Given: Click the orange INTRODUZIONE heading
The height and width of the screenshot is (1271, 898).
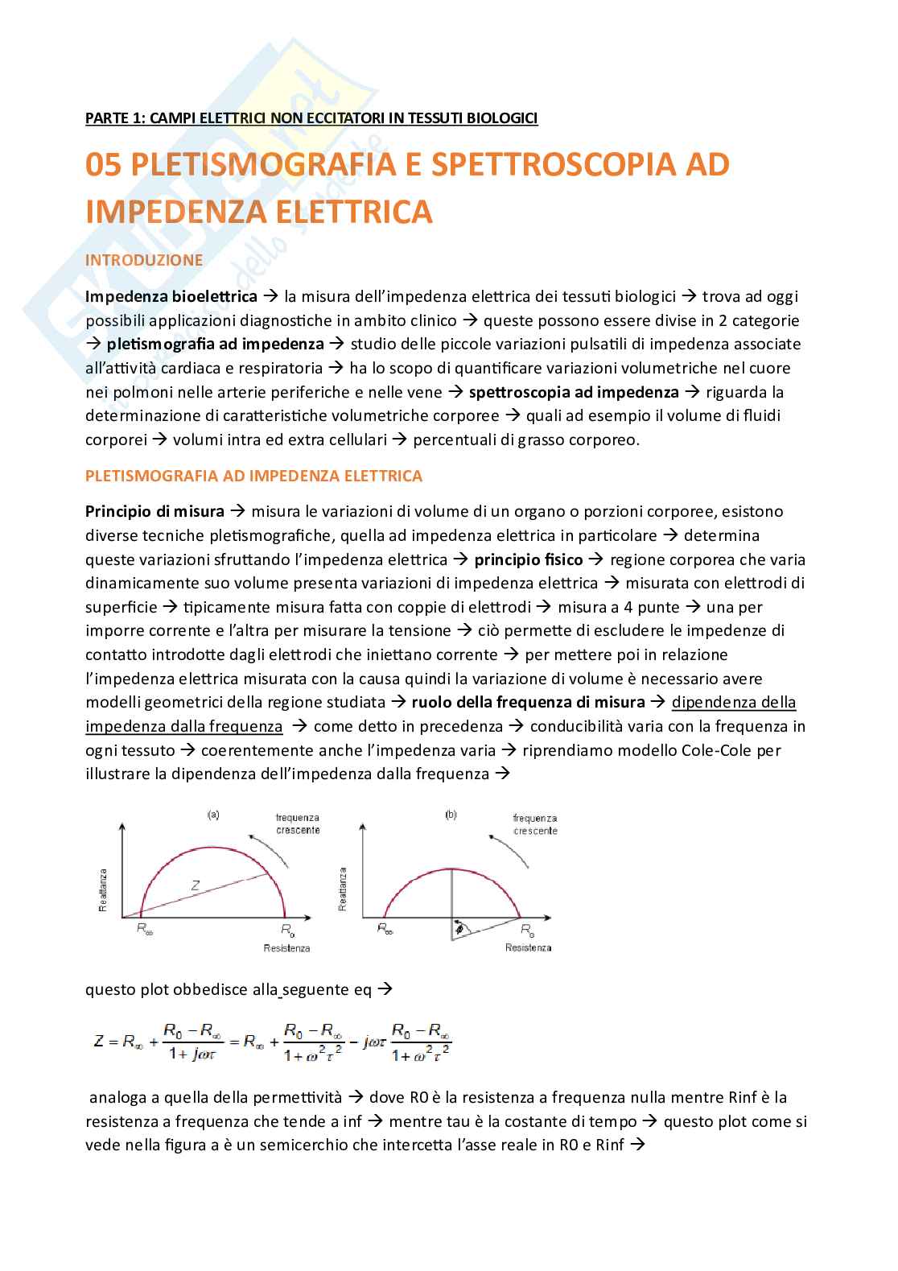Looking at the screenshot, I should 144,260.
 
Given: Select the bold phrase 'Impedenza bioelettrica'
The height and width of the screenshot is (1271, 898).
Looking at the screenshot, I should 171,296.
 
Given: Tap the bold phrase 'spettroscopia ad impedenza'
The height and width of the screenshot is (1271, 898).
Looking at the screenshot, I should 574,392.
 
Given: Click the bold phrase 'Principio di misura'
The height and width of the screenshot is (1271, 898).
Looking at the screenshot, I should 154,511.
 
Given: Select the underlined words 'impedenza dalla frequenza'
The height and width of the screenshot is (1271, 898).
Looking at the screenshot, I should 184,726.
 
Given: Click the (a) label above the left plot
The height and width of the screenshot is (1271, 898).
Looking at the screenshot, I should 213,815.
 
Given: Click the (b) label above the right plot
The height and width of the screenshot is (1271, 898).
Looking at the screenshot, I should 451,815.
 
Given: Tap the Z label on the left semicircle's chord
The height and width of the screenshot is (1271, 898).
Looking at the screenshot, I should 195,885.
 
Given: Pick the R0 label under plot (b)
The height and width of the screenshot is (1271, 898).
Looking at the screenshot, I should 527,930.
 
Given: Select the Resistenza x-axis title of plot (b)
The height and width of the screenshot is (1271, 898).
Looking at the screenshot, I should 528,947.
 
